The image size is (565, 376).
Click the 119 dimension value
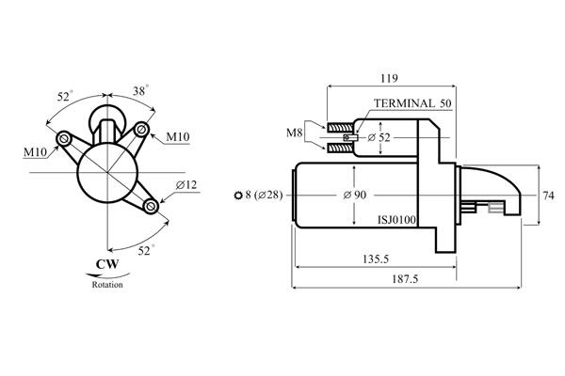389,78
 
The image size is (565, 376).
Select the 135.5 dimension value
376,259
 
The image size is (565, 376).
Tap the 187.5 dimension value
405,279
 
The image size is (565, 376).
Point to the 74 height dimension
548,196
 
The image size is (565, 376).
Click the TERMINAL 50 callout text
412,103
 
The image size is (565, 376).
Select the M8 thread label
294,133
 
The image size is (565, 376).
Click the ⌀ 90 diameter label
355,195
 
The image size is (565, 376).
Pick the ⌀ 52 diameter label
379,137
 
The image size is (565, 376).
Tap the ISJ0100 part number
396,219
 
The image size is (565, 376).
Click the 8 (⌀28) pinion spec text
264,195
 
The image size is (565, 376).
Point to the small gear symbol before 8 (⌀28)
238,196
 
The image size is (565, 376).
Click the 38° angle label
140,91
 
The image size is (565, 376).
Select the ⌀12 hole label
186,184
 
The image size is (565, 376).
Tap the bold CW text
107,264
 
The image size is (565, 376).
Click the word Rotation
107,285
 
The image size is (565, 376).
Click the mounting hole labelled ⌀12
151,207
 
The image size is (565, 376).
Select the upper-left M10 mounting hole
64,138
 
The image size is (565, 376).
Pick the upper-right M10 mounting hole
141,129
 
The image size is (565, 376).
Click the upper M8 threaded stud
340,128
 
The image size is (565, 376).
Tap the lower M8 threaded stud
340,148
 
